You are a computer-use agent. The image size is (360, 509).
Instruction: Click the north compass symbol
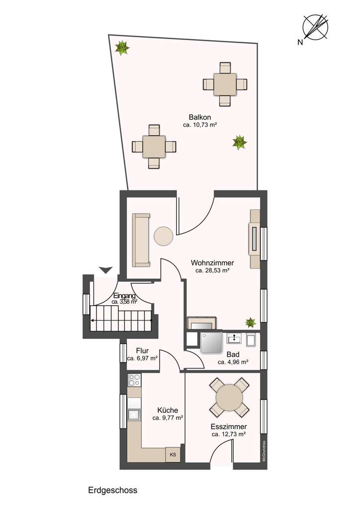pyautogui.click(x=316, y=26)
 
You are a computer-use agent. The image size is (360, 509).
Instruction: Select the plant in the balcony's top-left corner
pyautogui.click(x=122, y=48)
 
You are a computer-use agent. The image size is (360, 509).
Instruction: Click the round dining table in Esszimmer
pyautogui.click(x=230, y=397)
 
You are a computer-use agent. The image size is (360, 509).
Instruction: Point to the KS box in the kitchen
pyautogui.click(x=173, y=454)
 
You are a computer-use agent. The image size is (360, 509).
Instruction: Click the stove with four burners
pyautogui.click(x=134, y=380)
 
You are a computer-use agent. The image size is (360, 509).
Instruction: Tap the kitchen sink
pyautogui.click(x=134, y=414)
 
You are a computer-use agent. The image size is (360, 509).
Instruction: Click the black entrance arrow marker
pyautogui.click(x=105, y=270)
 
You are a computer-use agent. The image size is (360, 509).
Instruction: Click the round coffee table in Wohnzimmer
pyautogui.click(x=163, y=236)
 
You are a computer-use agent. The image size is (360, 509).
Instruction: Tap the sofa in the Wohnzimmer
pyautogui.click(x=141, y=240)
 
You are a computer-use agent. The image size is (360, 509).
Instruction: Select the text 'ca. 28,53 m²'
pyautogui.click(x=212, y=271)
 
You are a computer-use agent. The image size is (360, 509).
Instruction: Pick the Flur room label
pyautogui.click(x=142, y=350)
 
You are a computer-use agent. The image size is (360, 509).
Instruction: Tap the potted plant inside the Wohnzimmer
pyautogui.click(x=250, y=323)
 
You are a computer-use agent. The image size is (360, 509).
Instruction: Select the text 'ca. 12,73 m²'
pyautogui.click(x=229, y=434)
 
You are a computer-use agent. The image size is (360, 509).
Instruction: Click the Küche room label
pyautogui.click(x=168, y=410)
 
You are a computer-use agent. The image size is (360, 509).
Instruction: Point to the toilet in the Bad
pyautogui.click(x=252, y=339)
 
